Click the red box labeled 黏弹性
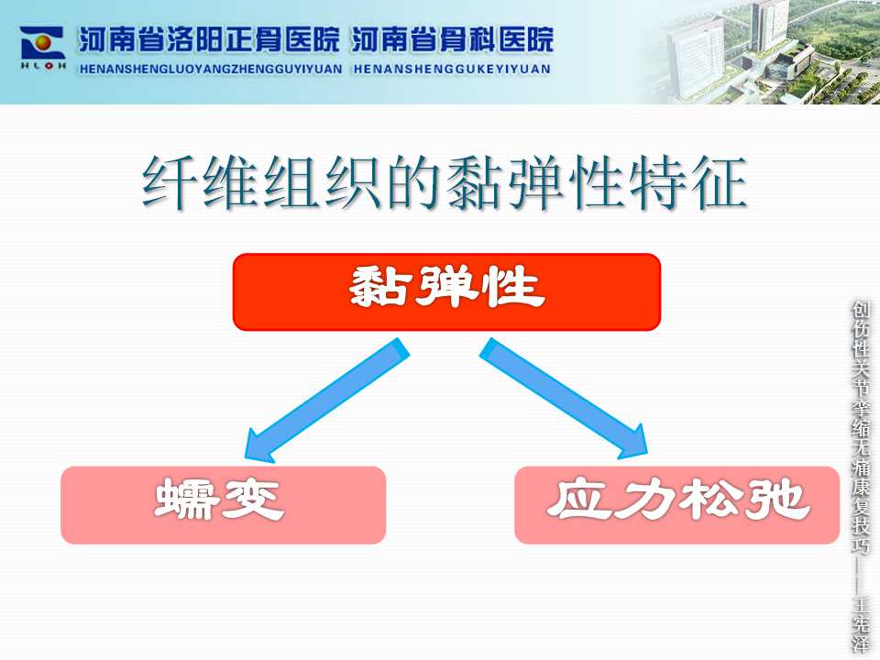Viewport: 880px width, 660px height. [x=446, y=291]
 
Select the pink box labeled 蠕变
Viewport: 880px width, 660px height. [x=224, y=504]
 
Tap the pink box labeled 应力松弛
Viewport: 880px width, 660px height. [x=676, y=504]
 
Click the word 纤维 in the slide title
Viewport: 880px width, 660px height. [x=199, y=183]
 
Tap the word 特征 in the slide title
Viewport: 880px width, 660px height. [x=688, y=183]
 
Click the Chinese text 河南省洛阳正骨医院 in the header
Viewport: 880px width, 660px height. [x=209, y=39]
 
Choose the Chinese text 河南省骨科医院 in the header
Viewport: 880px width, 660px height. [x=453, y=39]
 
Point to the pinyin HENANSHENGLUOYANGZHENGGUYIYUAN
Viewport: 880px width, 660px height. [x=211, y=69]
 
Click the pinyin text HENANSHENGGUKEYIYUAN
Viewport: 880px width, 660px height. [x=452, y=69]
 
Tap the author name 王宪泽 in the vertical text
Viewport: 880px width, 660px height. [x=861, y=624]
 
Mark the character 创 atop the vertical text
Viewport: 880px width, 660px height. [x=861, y=311]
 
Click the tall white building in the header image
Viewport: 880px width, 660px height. [x=694, y=53]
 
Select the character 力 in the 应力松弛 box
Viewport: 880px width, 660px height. [x=643, y=499]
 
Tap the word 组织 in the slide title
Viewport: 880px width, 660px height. [x=322, y=183]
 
